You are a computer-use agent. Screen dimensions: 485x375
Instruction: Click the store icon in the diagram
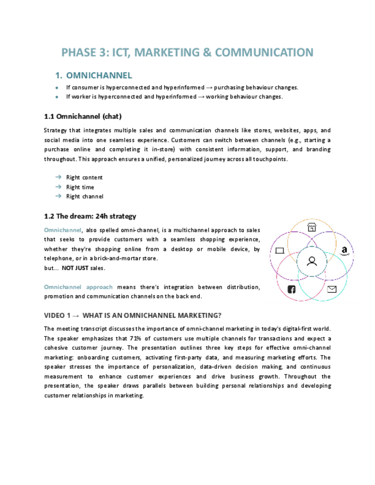click(311, 228)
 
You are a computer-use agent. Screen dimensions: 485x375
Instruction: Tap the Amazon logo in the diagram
click(344, 251)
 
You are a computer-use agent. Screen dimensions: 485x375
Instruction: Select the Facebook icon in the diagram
click(291, 289)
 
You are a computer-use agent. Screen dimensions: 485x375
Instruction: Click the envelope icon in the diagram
click(332, 289)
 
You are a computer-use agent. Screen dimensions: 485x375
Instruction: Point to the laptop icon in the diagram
click(279, 251)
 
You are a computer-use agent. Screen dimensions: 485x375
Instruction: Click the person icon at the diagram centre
click(311, 261)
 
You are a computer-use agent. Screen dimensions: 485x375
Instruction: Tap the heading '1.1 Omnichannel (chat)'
click(82, 117)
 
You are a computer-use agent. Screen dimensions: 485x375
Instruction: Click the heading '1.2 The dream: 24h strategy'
click(90, 216)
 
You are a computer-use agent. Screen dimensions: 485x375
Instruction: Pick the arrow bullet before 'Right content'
click(58, 177)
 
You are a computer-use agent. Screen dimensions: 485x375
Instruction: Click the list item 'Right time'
click(80, 187)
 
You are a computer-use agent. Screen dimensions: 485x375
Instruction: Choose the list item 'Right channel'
click(84, 196)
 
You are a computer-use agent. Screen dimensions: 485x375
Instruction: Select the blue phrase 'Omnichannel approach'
click(78, 287)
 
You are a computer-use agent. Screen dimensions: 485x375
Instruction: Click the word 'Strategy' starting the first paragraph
click(55, 130)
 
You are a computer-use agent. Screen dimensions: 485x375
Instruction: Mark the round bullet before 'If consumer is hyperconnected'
click(57, 88)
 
